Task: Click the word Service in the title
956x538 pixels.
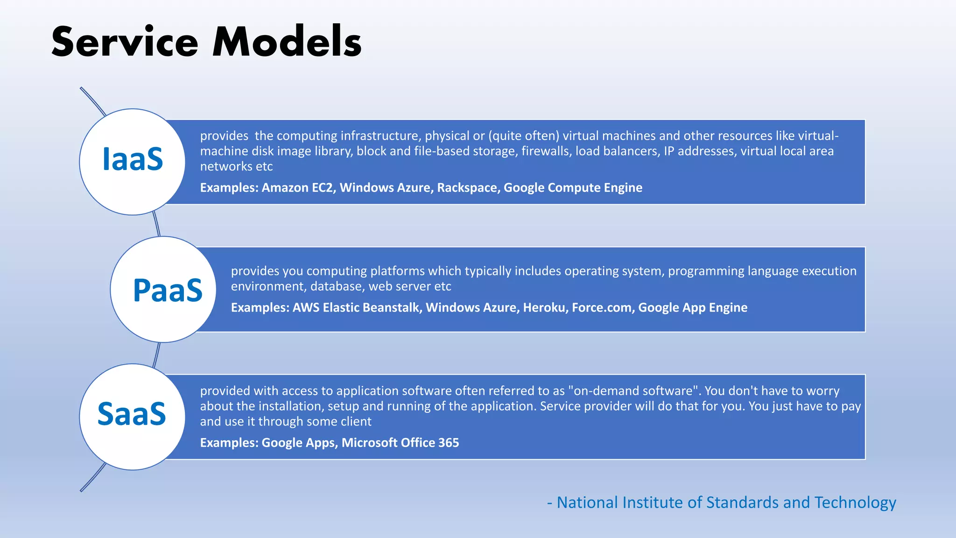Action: (x=125, y=42)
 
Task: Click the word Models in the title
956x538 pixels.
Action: (x=287, y=42)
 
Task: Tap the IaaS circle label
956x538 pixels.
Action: (x=133, y=159)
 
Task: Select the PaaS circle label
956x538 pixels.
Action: (x=168, y=290)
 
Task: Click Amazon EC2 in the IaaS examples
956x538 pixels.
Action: (x=298, y=188)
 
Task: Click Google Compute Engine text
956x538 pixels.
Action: (x=573, y=188)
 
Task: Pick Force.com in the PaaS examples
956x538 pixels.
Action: (x=603, y=308)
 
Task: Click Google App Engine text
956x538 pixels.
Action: (x=693, y=308)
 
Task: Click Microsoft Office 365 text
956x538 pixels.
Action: (x=400, y=443)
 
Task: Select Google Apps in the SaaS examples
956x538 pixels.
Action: (x=299, y=443)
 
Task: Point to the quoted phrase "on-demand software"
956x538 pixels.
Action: (x=633, y=391)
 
